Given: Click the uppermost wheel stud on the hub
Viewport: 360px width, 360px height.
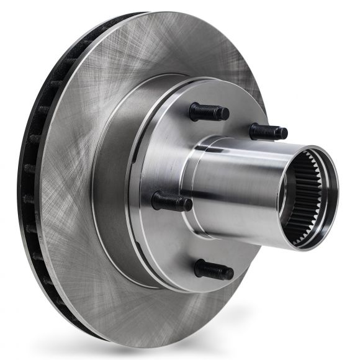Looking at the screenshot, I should [209, 112].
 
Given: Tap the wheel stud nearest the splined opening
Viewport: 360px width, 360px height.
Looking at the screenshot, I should [268, 132].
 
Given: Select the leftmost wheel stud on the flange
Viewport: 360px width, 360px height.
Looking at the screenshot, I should [171, 201].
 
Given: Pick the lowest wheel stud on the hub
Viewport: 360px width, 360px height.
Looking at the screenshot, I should [214, 270].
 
